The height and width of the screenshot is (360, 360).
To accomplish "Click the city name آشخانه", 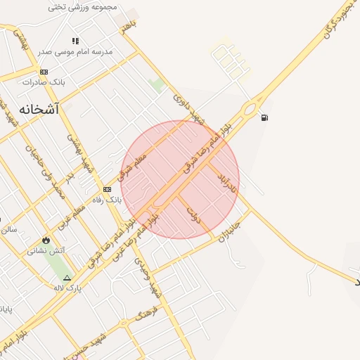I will click(39, 110).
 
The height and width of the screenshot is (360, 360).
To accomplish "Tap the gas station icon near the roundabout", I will click(264, 117).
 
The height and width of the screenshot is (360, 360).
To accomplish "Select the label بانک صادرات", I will click(44, 82).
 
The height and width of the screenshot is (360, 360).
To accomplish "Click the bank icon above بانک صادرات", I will click(44, 72).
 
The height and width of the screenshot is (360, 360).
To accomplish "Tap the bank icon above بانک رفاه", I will click(107, 189).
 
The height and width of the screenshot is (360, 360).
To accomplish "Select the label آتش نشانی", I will click(46, 250).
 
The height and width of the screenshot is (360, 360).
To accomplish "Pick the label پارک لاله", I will click(67, 288).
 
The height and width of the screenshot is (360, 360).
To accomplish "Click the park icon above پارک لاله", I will click(67, 278).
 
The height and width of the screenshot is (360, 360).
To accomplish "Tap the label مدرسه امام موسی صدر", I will click(76, 51).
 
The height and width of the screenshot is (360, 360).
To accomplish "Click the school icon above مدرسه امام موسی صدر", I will click(75, 41).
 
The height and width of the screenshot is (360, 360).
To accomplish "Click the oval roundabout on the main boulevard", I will click(249, 109).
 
